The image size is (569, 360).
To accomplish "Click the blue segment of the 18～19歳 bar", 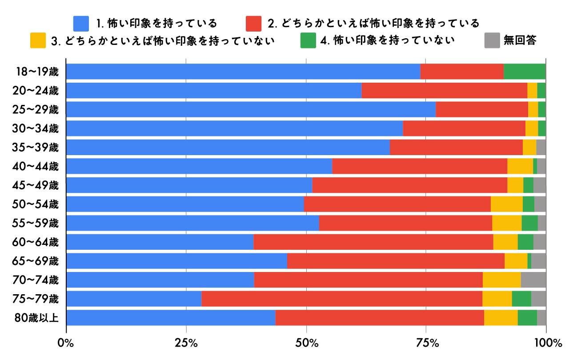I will [x=243, y=72].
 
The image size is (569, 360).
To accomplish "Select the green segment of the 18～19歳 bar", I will [x=524, y=72].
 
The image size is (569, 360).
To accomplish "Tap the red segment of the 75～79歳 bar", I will [x=341, y=299].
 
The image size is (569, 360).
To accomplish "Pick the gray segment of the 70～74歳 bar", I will [x=533, y=280].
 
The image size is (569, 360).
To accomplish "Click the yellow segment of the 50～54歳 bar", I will [x=506, y=204].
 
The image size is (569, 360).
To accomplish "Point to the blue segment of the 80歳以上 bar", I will [x=171, y=318].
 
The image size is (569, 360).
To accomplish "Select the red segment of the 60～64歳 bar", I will [x=373, y=242].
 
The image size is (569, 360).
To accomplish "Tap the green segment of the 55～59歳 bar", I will [x=529, y=223].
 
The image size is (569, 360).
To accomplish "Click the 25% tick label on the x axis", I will [x=186, y=343].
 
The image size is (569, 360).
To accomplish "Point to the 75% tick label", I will [x=426, y=343].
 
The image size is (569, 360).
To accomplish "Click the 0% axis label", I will [x=66, y=343].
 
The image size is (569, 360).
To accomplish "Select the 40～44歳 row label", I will [x=36, y=167].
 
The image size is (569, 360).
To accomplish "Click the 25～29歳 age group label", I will [x=36, y=110].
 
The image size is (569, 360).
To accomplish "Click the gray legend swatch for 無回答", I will [x=492, y=40].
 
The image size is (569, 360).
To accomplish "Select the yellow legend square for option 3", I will [x=38, y=40].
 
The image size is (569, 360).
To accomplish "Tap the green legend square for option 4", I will [x=308, y=40].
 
